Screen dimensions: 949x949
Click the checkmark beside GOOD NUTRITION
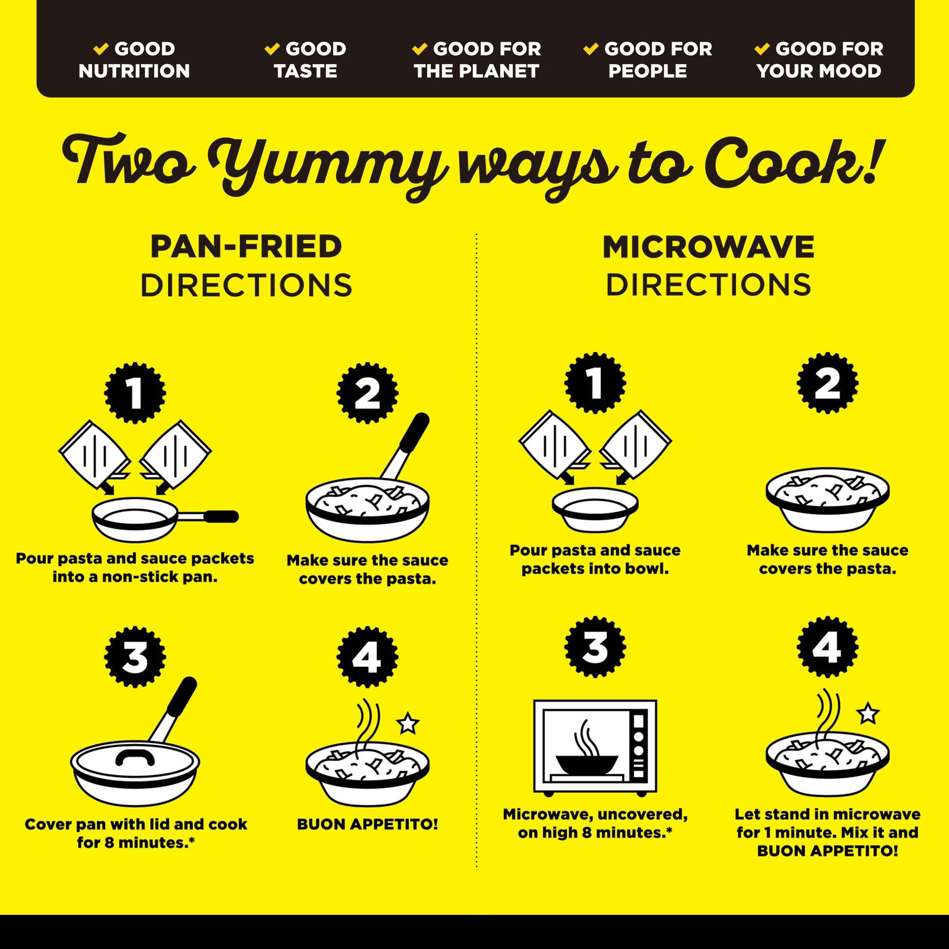coord(100,48)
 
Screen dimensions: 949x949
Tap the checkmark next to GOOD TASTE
coord(272,48)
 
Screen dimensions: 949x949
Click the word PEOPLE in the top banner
coord(648,71)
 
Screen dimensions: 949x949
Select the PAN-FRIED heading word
coord(246,246)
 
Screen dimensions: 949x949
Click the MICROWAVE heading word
coord(708,246)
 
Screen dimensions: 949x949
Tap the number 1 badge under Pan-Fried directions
coord(135,393)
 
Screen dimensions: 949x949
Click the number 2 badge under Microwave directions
coord(828,383)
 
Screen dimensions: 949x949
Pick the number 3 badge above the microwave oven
coord(595,647)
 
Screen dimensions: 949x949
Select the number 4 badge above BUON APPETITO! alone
coord(367,657)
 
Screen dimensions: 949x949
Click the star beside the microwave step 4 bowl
coord(868,713)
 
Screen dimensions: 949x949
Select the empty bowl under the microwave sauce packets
coord(595,510)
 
